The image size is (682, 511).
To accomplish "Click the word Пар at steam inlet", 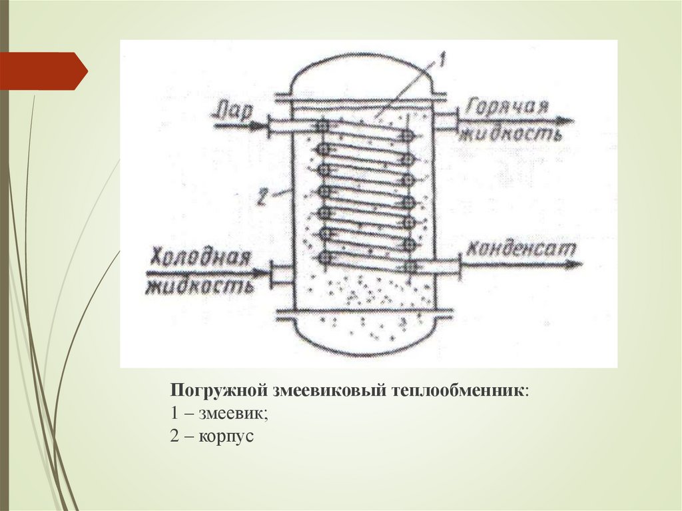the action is tap(231, 110).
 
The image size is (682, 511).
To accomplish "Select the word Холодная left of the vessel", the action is tap(199, 258).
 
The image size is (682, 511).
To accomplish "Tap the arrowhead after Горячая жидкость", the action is tap(566, 121).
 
